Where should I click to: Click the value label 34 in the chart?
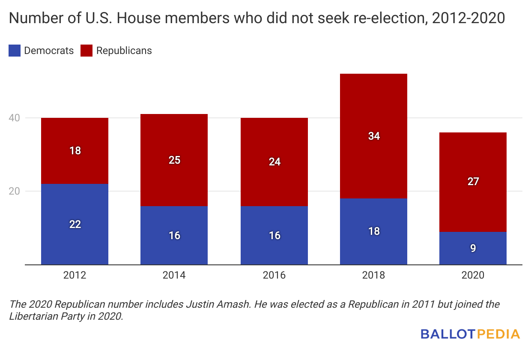coord(374,136)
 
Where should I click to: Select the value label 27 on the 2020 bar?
coord(473,181)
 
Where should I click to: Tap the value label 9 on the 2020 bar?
coord(473,248)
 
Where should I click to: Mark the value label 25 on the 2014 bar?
coord(174,160)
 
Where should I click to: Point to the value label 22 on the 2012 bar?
coord(75,224)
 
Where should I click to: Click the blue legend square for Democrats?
coord(15,51)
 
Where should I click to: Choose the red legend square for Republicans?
coord(87,51)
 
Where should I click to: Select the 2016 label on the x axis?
coord(274,275)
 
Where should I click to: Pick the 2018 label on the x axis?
coord(373,275)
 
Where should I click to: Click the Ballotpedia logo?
coord(470,334)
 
